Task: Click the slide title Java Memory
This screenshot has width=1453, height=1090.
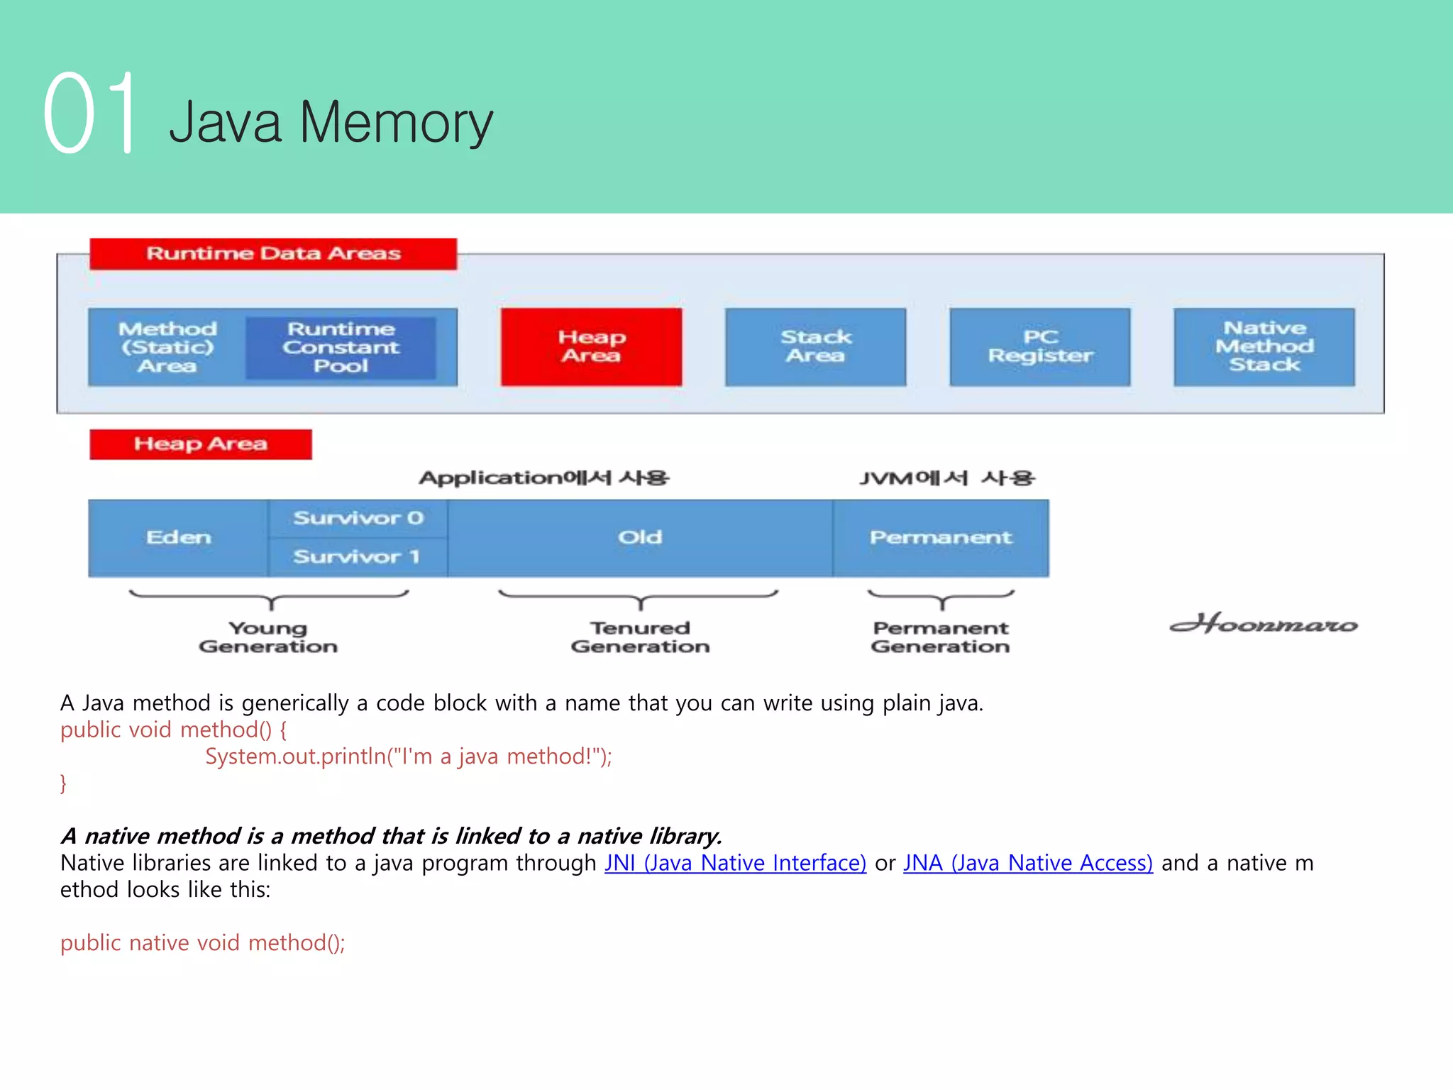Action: [331, 123]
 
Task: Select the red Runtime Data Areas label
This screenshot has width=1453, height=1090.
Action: [273, 253]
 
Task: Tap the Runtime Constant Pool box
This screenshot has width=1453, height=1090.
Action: [341, 348]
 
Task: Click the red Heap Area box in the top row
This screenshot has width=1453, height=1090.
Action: [591, 347]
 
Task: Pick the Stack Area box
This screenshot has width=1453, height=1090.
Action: [815, 347]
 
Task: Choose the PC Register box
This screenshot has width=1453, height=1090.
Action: [1040, 347]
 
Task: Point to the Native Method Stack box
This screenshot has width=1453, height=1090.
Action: [1264, 347]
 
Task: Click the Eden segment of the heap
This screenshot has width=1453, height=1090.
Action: [179, 538]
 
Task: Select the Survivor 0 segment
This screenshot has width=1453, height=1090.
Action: [358, 519]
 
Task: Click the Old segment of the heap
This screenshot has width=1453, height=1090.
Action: [640, 538]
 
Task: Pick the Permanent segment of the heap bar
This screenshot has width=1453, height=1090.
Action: [941, 538]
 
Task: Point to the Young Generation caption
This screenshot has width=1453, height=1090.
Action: [268, 637]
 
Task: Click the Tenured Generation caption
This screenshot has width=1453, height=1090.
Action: [640, 637]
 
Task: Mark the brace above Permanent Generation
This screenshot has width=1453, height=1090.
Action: [941, 599]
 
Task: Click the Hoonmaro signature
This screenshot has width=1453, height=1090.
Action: [1264, 624]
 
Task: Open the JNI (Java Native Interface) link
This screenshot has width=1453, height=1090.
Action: [735, 863]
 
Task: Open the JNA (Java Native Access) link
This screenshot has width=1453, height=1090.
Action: [1027, 863]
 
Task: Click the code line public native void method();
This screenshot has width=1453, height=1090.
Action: [203, 943]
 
